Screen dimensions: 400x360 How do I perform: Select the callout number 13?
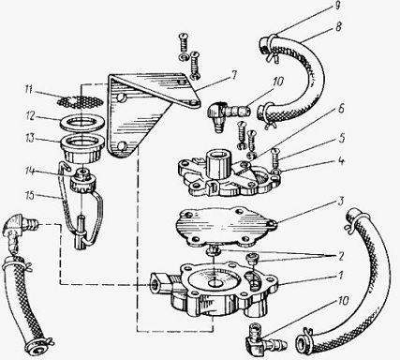tap(30, 138)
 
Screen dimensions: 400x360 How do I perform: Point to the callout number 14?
tap(30, 172)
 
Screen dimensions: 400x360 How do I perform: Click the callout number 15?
tap(31, 195)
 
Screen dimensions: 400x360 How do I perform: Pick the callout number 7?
tap(233, 75)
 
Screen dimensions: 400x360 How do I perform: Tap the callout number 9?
tap(337, 7)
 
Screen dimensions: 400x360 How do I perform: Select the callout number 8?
tap(339, 26)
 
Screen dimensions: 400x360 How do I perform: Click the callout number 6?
tap(341, 109)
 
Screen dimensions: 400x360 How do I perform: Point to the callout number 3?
tap(341, 201)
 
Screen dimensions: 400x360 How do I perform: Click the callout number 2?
tap(341, 256)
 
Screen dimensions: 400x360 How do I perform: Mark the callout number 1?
tap(341, 276)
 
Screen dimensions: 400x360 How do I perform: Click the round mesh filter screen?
tap(81, 101)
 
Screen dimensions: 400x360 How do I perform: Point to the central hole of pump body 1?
tap(215, 283)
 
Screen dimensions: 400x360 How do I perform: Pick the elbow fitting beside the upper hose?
tap(227, 114)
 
